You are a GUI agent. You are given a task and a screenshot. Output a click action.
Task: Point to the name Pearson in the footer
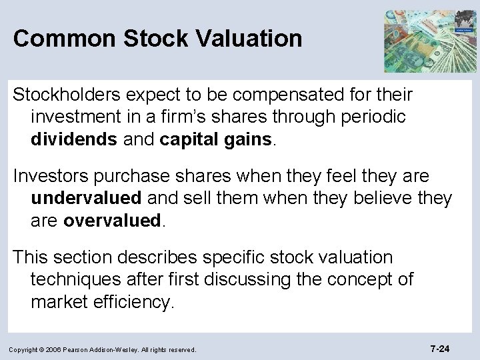point(93,349)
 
